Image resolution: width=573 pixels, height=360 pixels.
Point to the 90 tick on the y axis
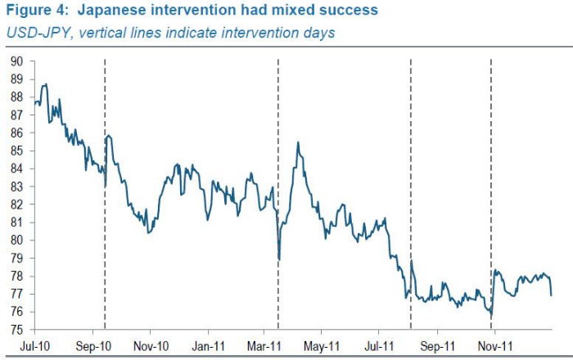pyautogui.click(x=16, y=61)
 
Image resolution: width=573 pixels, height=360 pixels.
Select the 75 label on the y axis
pyautogui.click(x=16, y=330)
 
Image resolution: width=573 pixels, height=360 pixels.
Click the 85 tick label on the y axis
pyautogui.click(x=16, y=151)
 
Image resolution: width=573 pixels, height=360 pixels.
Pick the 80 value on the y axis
pyautogui.click(x=16, y=241)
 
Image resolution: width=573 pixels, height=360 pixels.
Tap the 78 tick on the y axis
pyautogui.click(x=16, y=276)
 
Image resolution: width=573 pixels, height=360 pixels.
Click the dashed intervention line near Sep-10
pyautogui.click(x=105, y=245)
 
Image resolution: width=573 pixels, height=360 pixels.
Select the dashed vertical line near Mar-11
pyautogui.click(x=278, y=123)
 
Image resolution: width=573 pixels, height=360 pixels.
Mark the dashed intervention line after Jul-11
pyautogui.click(x=410, y=164)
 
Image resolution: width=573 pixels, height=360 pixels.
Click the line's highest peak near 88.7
pyautogui.click(x=44, y=83)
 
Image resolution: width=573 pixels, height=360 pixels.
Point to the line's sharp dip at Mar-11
pyautogui.click(x=279, y=259)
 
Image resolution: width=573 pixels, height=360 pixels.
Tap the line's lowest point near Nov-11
pyautogui.click(x=490, y=317)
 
